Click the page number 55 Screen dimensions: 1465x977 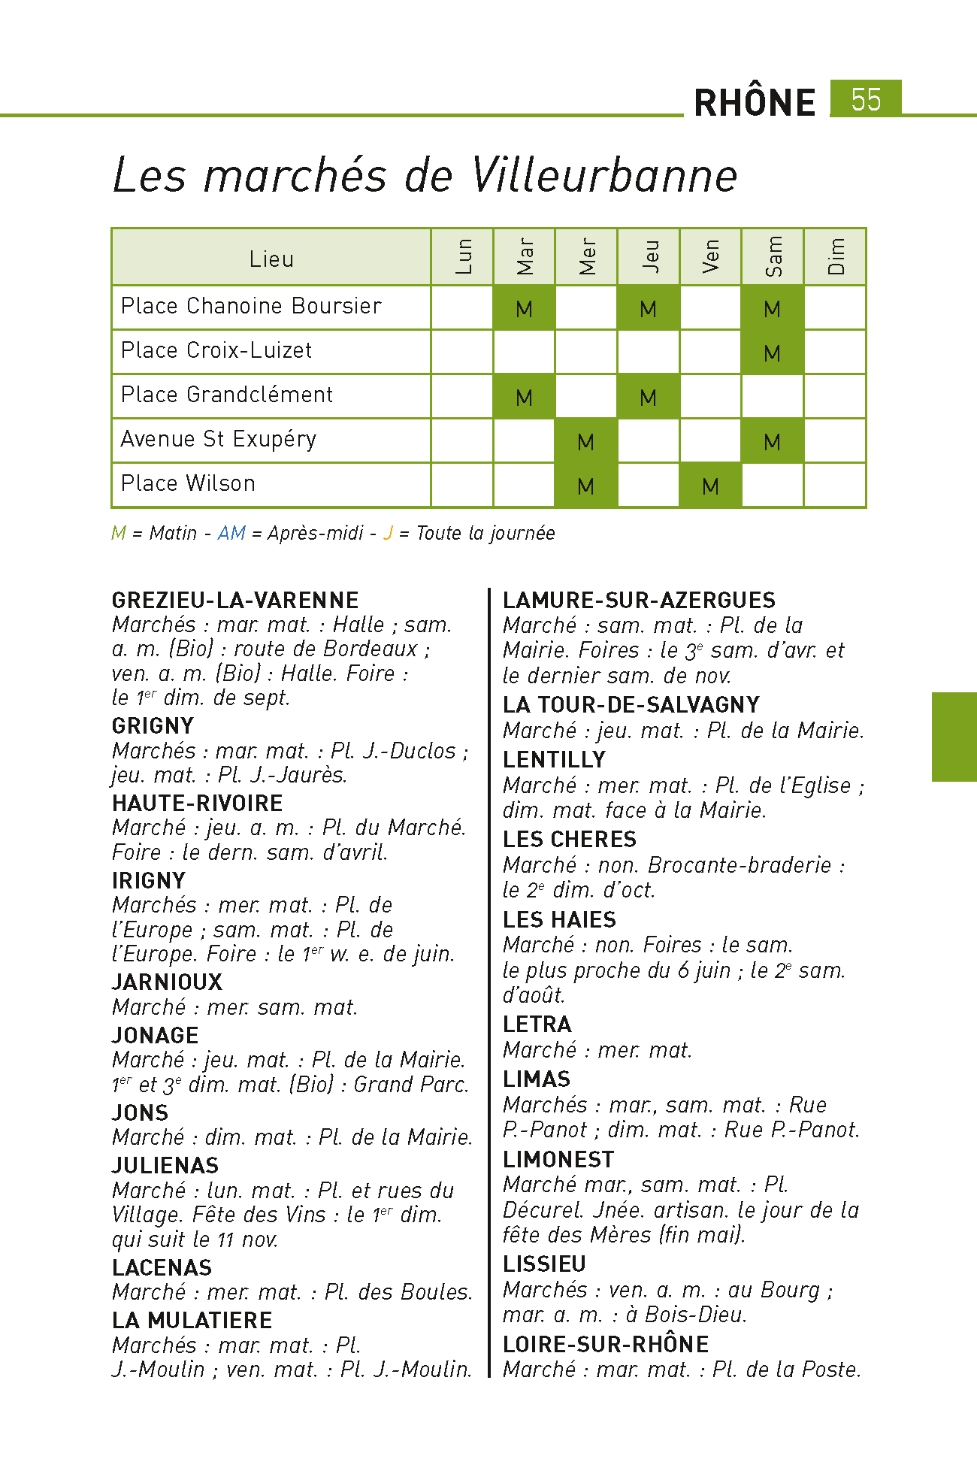coord(866,99)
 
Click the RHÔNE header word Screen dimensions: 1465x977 coord(755,103)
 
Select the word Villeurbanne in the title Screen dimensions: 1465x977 coord(604,176)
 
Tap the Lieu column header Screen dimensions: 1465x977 coord(271,259)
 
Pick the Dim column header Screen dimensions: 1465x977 coord(835,257)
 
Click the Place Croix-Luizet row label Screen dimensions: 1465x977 coord(216,350)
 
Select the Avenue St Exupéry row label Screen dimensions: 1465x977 coord(219,439)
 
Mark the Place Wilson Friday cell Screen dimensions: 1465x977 coord(710,486)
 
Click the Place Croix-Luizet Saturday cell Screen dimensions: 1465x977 coord(772,353)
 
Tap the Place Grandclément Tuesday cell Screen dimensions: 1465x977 coord(524,397)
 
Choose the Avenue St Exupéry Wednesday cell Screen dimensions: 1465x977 coord(586,441)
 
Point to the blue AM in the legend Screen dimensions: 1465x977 coord(231,533)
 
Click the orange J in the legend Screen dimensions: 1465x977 coord(388,533)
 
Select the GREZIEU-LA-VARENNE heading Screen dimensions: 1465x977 coord(235,600)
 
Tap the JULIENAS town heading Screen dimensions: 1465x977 coord(165,1165)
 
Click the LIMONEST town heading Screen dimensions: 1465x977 coord(558,1159)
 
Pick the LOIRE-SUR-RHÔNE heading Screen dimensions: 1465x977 coord(606,1344)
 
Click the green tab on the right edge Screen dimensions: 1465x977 coord(954,737)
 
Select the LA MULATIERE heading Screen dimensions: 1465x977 coord(192,1320)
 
